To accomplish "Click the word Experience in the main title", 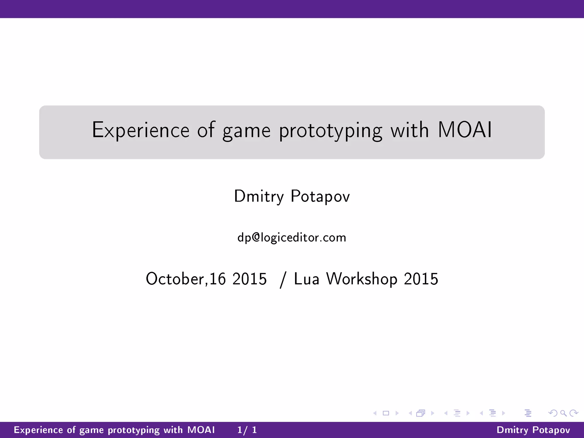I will point(141,130).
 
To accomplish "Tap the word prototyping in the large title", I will point(330,131).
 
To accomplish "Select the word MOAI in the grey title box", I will point(465,130).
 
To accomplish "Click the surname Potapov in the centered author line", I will point(320,196).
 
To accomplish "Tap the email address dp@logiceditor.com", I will point(292,238).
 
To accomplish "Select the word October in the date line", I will point(175,279).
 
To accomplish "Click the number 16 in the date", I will point(218,279).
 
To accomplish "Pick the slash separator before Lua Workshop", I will point(283,279).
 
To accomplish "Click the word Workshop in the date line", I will point(362,279).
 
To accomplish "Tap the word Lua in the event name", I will point(307,279).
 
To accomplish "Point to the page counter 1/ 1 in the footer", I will point(247,430).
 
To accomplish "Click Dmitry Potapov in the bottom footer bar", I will point(533,430).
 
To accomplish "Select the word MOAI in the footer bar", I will point(201,430).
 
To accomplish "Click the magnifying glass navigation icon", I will point(563,413).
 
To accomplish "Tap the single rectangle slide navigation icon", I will point(386,413).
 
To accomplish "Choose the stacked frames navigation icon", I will point(421,413).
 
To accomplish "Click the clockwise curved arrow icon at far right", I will point(573,413).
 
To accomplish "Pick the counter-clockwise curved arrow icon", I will point(553,413).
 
